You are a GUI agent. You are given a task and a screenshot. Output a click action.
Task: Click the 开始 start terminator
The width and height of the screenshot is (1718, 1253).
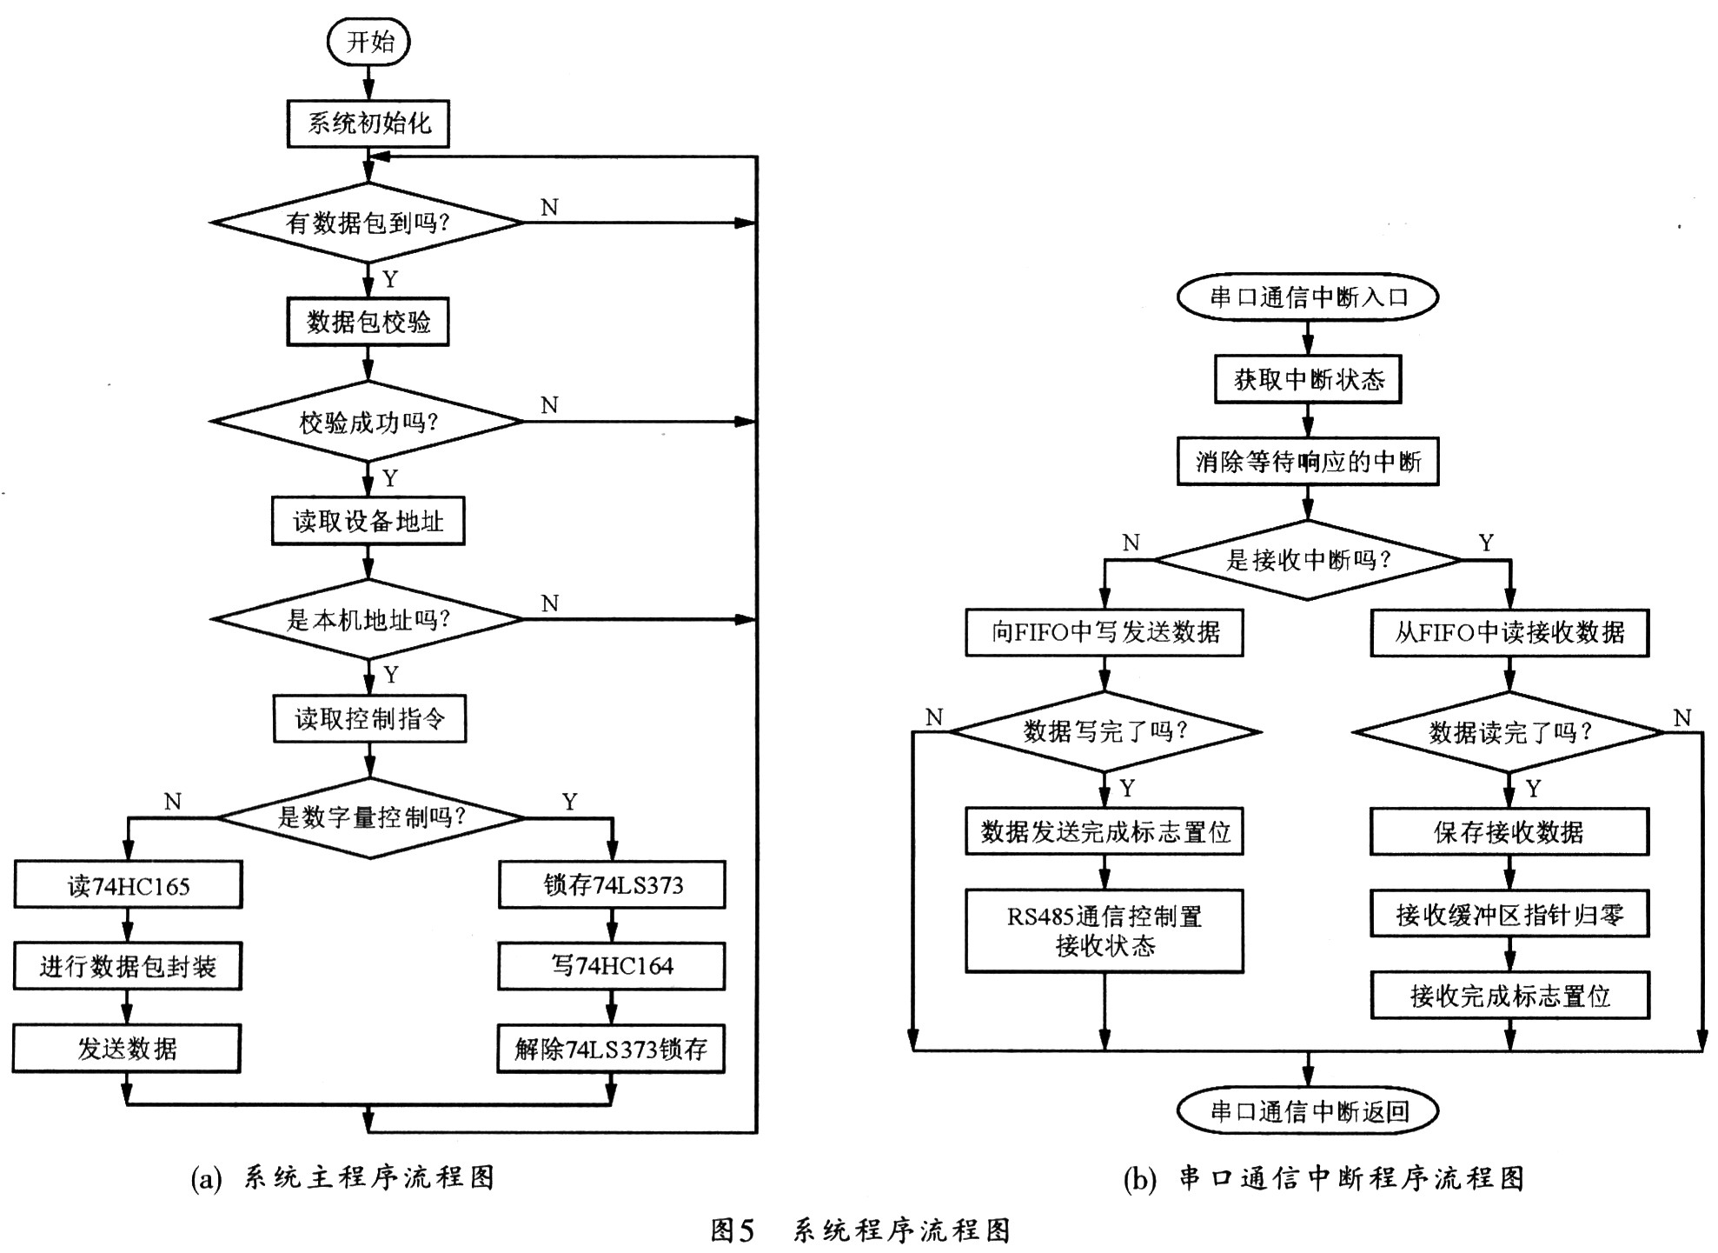[x=368, y=42]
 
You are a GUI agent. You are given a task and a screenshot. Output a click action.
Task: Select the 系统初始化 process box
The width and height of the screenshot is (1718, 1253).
[x=368, y=123]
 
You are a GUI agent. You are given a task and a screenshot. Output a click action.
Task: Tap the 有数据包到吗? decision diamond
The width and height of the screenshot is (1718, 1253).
[x=368, y=223]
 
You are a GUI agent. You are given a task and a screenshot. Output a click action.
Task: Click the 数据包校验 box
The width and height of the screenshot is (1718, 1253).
[x=368, y=323]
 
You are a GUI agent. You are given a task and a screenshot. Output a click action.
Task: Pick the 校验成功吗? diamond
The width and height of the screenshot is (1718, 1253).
[x=368, y=422]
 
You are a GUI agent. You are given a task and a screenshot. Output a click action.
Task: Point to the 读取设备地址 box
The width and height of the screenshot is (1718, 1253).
[x=368, y=521]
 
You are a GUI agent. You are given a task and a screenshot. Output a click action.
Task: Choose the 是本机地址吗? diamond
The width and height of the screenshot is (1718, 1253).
[x=368, y=619]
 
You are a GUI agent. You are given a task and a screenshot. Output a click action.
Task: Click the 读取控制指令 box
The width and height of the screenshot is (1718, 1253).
[x=369, y=718]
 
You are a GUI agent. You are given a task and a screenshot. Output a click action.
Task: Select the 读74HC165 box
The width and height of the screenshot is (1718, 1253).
[x=128, y=885]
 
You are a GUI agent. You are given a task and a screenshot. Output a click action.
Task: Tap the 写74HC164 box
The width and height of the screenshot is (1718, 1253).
[x=612, y=966]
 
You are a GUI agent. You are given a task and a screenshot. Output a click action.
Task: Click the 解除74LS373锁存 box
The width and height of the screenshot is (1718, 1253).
[x=612, y=1049]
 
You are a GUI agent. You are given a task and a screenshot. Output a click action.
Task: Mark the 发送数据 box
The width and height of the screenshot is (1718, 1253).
[x=127, y=1049]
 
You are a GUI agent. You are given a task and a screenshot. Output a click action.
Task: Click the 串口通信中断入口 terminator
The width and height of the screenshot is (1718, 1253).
[x=1308, y=297]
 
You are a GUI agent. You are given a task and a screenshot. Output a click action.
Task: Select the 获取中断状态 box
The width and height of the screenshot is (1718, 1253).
[x=1308, y=379]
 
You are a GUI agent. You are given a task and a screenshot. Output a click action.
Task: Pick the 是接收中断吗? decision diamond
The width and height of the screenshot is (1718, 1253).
[x=1308, y=560]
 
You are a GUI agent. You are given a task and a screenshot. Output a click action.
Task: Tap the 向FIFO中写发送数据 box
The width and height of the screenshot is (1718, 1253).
[x=1104, y=632]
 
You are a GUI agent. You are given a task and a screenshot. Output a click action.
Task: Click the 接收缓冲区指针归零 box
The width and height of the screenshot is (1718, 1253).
[x=1509, y=914]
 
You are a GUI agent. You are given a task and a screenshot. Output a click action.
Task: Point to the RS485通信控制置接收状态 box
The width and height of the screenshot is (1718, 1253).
[x=1104, y=930]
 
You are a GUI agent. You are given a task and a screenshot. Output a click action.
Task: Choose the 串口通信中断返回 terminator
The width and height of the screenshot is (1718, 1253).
[x=1308, y=1111]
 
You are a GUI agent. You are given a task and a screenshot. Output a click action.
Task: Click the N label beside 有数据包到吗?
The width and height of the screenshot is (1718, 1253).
[x=549, y=207]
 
